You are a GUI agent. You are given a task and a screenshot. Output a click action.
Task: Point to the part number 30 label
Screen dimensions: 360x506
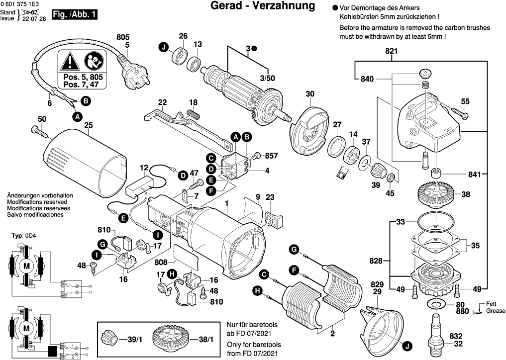point(310,94)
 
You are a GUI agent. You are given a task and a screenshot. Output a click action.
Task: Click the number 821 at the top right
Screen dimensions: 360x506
point(392,51)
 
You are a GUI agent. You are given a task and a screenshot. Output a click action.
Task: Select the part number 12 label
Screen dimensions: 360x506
point(144,167)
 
